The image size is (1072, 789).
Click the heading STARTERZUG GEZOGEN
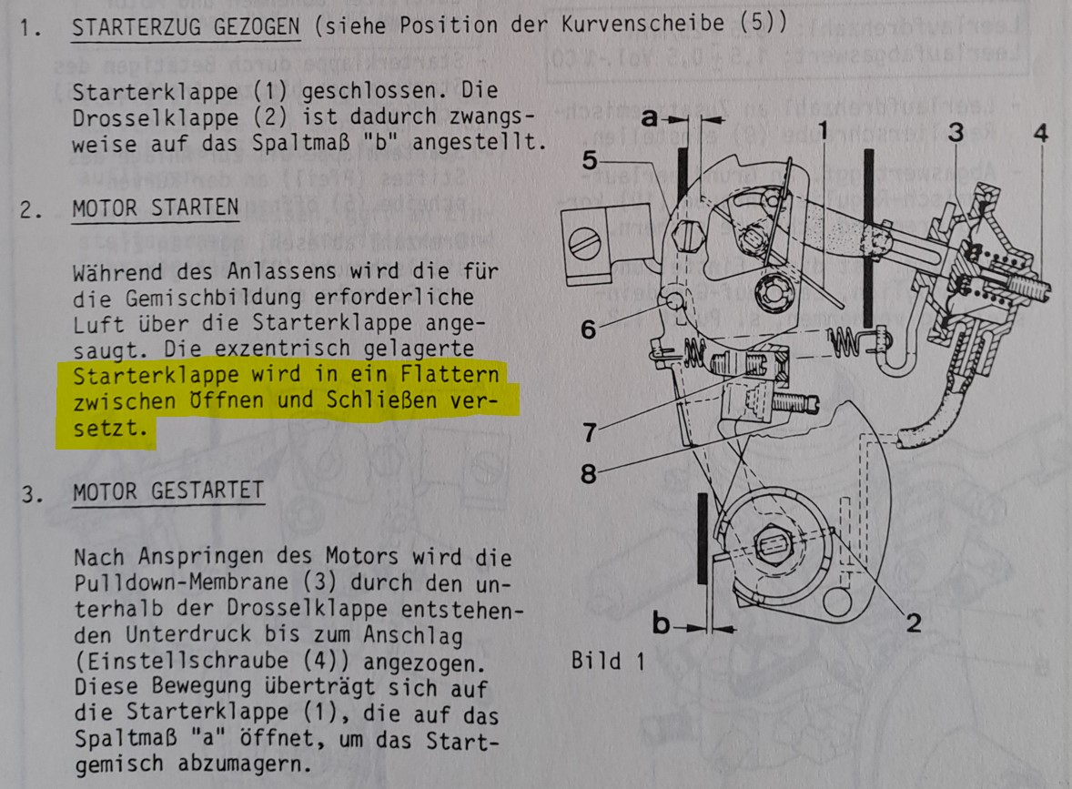click(x=186, y=27)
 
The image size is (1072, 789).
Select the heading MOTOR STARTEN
click(x=156, y=207)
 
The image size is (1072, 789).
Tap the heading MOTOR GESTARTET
click(x=168, y=491)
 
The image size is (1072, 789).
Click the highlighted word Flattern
click(x=450, y=375)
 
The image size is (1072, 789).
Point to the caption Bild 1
click(x=608, y=662)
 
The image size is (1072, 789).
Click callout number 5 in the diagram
click(x=590, y=161)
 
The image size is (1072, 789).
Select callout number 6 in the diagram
click(x=589, y=329)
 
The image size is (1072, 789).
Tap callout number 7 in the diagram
click(x=589, y=432)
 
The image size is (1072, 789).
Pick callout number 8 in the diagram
click(x=588, y=473)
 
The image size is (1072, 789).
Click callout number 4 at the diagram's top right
click(x=1040, y=133)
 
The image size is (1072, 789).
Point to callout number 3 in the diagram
click(x=956, y=132)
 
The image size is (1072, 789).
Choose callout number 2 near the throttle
click(x=914, y=622)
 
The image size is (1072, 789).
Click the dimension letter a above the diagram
click(x=649, y=119)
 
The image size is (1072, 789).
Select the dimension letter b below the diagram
click(x=661, y=622)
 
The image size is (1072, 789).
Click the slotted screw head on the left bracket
click(x=585, y=243)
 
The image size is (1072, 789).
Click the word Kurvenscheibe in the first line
click(x=642, y=24)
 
